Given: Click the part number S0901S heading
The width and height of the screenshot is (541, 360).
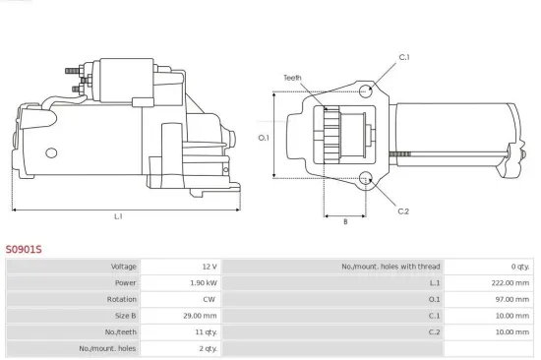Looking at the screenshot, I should click(25, 250).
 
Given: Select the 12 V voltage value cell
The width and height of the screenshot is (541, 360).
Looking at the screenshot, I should click(208, 267).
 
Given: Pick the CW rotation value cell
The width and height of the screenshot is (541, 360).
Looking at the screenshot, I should click(209, 299).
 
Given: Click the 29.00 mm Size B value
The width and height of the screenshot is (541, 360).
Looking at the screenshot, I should click(201, 316).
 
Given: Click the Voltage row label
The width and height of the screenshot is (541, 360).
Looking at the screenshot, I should click(122, 267).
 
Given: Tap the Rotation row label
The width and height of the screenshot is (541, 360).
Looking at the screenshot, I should click(121, 299).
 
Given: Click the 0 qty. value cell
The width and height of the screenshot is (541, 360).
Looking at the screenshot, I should click(518, 267).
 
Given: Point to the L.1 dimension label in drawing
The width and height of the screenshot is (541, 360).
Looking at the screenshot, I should click(118, 215).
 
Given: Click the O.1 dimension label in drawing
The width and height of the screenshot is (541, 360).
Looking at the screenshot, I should click(264, 138).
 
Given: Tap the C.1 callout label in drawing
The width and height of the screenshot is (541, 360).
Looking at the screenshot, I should click(404, 57).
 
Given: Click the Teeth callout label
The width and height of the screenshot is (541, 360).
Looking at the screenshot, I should click(292, 77).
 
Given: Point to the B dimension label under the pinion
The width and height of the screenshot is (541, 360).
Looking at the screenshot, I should click(344, 221).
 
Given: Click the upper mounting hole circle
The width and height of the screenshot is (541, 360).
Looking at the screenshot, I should click(365, 90).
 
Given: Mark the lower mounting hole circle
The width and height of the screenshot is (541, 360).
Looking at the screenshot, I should click(365, 178).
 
